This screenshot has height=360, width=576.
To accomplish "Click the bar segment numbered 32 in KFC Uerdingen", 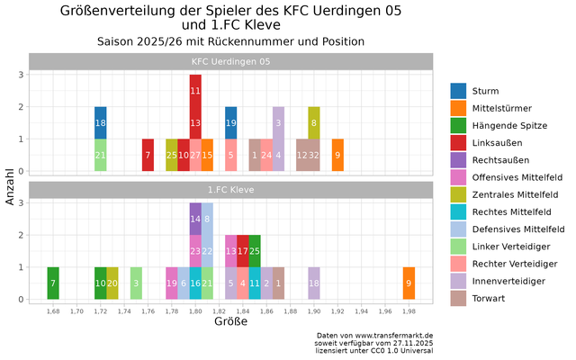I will (314, 155).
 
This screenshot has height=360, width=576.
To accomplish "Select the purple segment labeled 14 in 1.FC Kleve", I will (195, 219).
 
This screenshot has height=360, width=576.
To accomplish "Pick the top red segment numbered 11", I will (195, 91).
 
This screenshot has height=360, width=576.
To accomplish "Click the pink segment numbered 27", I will (195, 155).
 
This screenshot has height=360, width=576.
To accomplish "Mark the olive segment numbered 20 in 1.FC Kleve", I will (112, 283).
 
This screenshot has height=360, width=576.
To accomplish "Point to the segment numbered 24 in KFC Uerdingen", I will (266, 155).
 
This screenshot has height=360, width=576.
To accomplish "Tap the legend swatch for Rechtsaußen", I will (458, 159).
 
